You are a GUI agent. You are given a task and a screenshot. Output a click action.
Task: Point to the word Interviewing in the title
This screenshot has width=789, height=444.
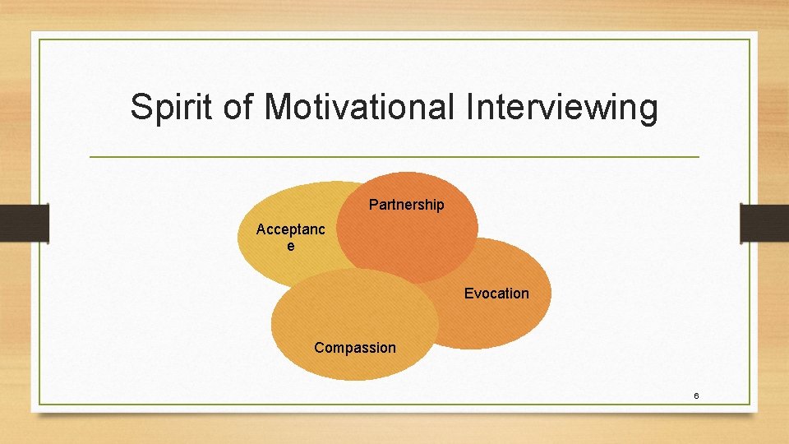pos(559,108)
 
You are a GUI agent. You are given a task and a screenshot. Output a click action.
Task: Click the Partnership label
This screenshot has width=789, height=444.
pos(406,205)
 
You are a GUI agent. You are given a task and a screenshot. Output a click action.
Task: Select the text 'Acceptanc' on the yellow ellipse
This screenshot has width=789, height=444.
pos(290,229)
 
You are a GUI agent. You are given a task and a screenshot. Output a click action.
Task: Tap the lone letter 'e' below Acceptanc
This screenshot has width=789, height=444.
pos(290,245)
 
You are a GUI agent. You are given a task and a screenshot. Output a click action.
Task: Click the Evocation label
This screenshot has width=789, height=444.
pos(496,294)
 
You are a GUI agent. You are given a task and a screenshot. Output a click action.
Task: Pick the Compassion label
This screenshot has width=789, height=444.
pos(355,348)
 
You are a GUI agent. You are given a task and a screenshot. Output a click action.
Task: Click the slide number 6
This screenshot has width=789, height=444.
pos(696,396)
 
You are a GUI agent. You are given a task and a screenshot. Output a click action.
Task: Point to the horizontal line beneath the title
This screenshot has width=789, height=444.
pos(394,156)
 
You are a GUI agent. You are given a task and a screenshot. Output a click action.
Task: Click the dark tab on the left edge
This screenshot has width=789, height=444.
pos(24,223)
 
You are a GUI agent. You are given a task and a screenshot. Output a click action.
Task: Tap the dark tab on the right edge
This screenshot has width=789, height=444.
pos(764,223)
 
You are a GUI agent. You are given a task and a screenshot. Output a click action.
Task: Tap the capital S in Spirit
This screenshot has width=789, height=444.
pos(141,108)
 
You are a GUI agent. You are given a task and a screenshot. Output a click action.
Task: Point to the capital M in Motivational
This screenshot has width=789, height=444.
pos(279,108)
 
